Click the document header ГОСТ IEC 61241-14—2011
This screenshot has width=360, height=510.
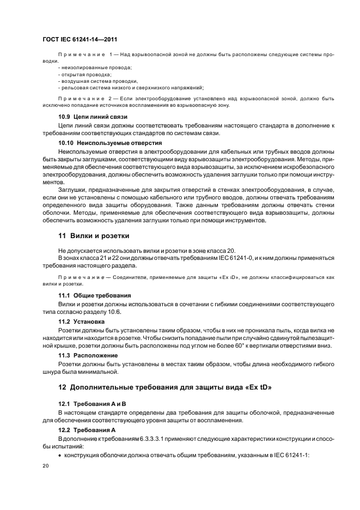[80, 40]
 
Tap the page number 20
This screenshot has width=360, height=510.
[46, 467]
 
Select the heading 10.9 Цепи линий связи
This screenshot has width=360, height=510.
[93, 117]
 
